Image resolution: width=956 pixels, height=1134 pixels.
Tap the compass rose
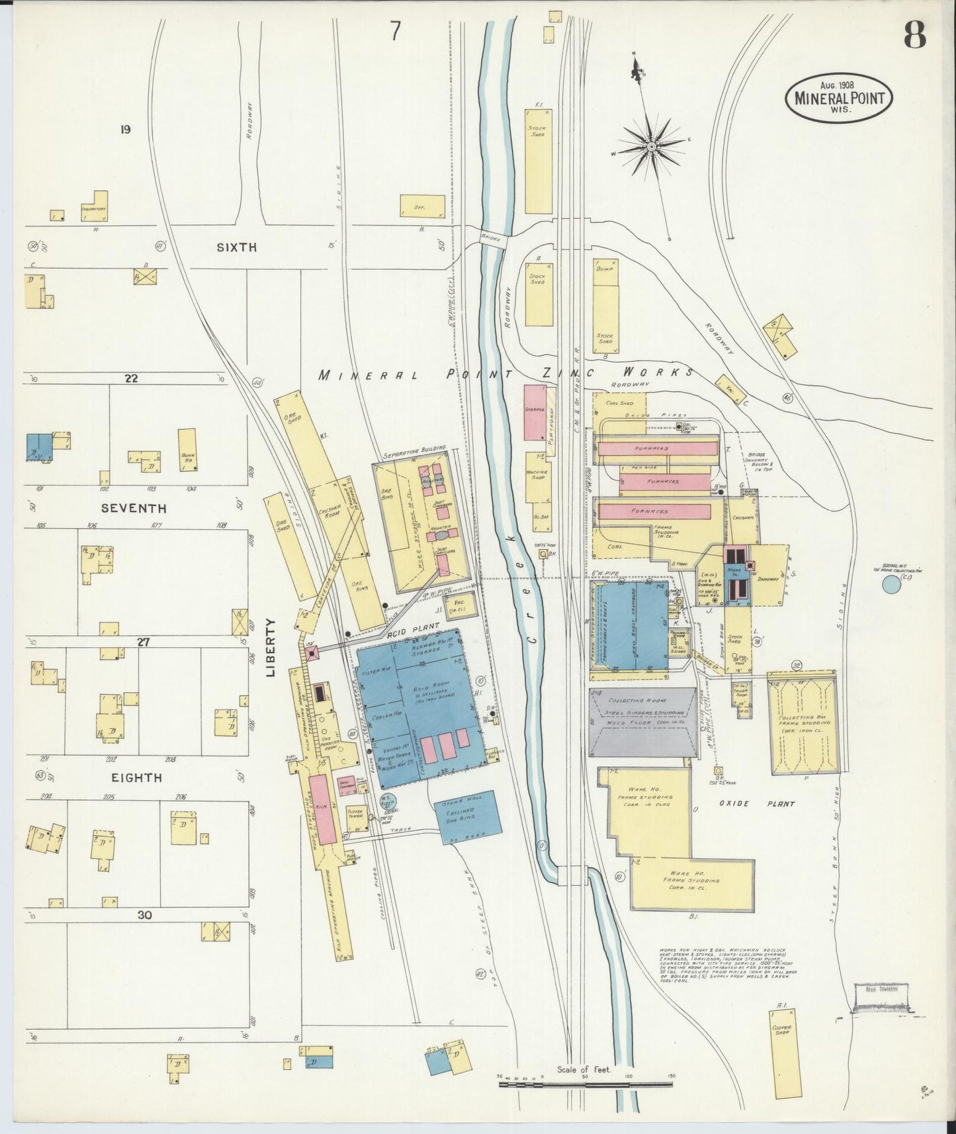(651, 146)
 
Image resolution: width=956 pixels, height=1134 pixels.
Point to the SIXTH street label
(236, 247)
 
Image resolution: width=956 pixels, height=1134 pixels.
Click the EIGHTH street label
(137, 777)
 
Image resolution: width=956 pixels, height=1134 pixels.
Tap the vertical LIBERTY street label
(270, 648)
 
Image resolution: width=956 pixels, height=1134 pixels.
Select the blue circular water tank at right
(891, 584)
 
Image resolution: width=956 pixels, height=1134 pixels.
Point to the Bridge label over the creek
(490, 238)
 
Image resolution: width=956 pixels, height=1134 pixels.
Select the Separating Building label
(414, 456)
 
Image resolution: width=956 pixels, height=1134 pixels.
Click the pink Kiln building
(319, 807)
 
